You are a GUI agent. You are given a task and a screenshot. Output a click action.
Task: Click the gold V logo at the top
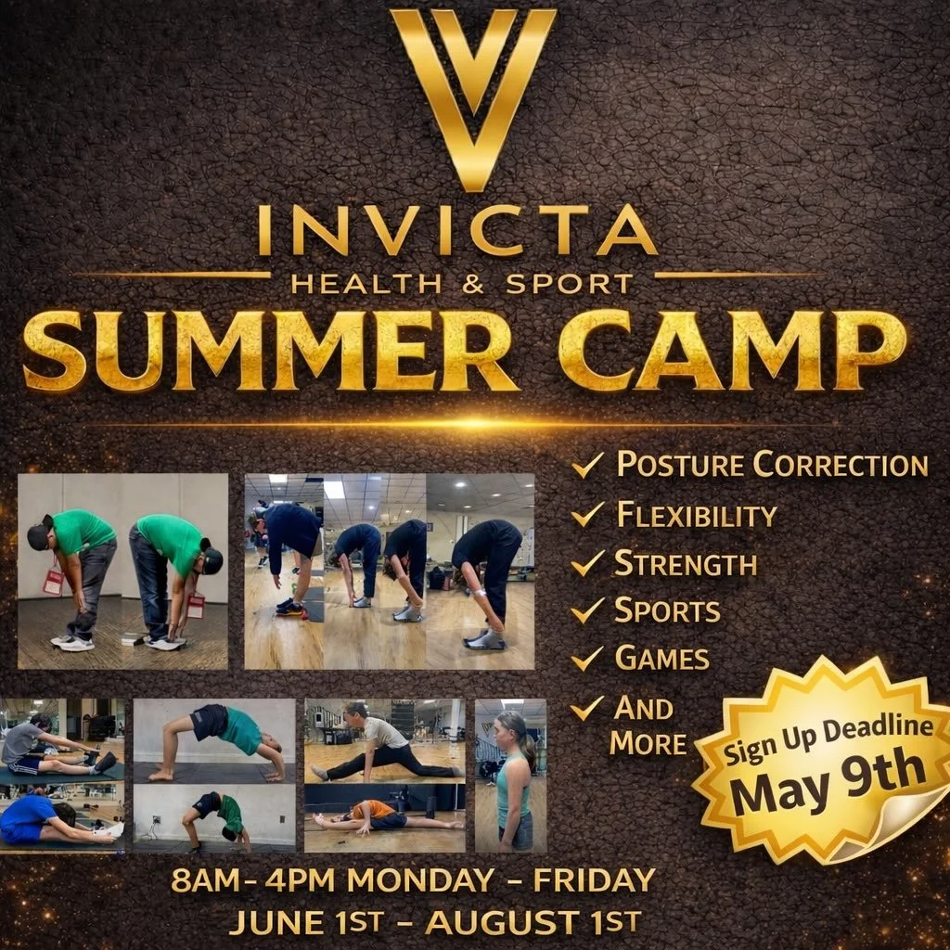(x=473, y=93)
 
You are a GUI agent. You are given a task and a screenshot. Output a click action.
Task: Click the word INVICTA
(x=457, y=231)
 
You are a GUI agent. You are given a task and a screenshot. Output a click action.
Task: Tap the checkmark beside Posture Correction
(x=588, y=465)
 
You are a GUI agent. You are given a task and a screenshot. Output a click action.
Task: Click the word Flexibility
(x=697, y=514)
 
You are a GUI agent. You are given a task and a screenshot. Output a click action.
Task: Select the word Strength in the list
(x=686, y=563)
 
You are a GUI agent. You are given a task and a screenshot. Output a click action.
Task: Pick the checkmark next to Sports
(x=588, y=610)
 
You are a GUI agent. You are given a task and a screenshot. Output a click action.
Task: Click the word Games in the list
(x=662, y=659)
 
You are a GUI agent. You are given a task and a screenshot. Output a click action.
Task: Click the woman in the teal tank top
(x=512, y=779)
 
